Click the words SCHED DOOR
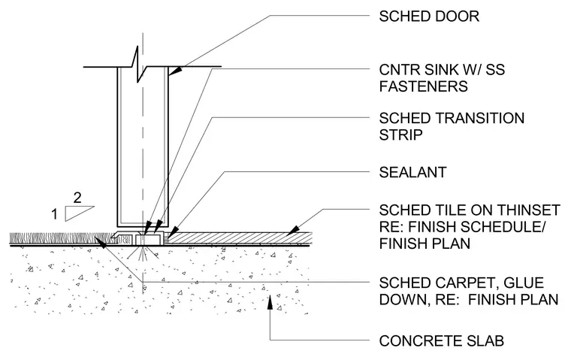click(429, 17)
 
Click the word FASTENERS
click(423, 86)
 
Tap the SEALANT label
click(412, 172)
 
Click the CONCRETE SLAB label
click(441, 341)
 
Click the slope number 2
click(77, 198)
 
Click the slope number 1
click(55, 214)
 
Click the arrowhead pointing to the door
click(174, 71)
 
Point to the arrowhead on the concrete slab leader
click(270, 302)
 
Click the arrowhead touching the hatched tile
click(292, 230)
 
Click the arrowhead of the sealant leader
click(173, 231)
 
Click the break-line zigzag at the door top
click(137, 65)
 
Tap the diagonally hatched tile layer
click(240, 238)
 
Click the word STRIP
click(400, 135)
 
